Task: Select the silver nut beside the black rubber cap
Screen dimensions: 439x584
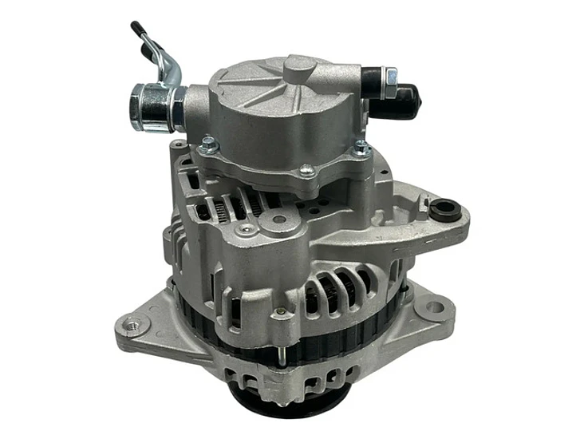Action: (391, 78)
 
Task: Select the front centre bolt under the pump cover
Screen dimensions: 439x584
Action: (305, 168)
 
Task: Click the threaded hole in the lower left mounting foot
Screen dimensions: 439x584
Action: (132, 325)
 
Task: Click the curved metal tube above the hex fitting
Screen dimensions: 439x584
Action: (170, 65)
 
